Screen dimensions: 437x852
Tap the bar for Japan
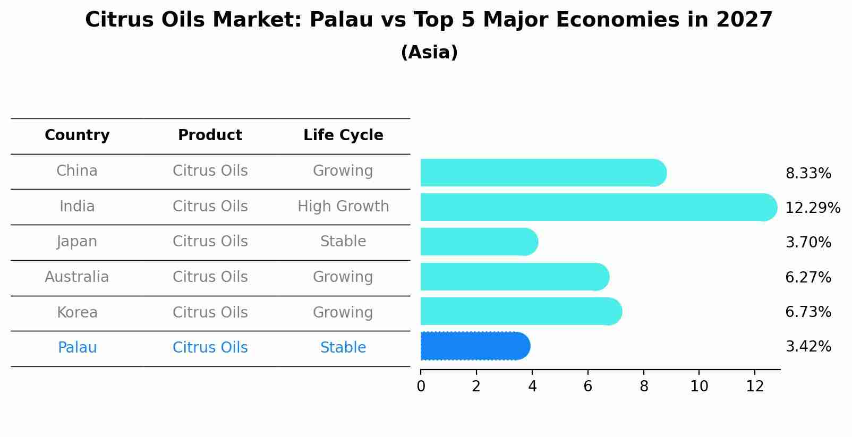pyautogui.click(x=479, y=242)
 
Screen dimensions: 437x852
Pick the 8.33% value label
pyautogui.click(x=808, y=174)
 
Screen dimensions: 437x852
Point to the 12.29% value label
pyautogui.click(x=812, y=208)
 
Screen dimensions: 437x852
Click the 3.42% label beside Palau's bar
pyautogui.click(x=808, y=347)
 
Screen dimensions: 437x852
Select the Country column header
pyautogui.click(x=77, y=135)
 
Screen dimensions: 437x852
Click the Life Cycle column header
pyautogui.click(x=343, y=135)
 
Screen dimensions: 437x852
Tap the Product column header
pyautogui.click(x=210, y=135)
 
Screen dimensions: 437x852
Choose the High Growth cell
pyautogui.click(x=343, y=207)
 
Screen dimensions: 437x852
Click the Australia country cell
pyautogui.click(x=77, y=277)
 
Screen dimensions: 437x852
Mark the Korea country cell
pyautogui.click(x=77, y=313)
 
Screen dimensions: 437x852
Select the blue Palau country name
pyautogui.click(x=77, y=348)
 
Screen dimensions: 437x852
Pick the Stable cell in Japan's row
pyautogui.click(x=343, y=242)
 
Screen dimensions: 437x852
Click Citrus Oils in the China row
pyautogui.click(x=210, y=171)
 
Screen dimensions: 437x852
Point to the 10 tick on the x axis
pyautogui.click(x=699, y=387)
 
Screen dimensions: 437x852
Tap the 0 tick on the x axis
pyautogui.click(x=421, y=387)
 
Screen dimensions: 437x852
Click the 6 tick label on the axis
pyautogui.click(x=587, y=387)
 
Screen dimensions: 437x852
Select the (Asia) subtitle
pyautogui.click(x=429, y=53)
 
